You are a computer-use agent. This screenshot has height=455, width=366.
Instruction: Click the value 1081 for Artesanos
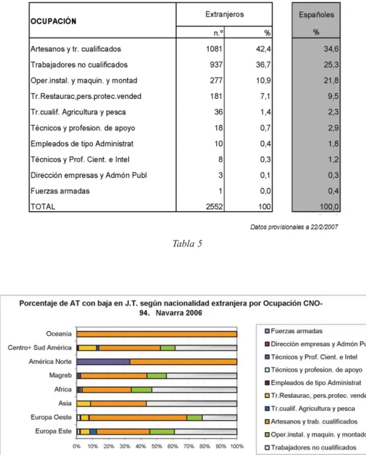coord(214,49)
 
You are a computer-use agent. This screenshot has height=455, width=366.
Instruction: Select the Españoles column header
coord(316,15)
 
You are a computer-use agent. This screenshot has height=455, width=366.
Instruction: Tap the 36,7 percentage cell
coord(263,65)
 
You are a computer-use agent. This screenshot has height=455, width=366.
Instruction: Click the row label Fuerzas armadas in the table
coord(60,191)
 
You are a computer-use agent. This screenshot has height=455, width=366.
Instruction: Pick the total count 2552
coord(214,207)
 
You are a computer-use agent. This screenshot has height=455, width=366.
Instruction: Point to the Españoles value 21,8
coord(331,81)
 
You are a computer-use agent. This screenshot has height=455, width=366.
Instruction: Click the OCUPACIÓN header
coord(53,21)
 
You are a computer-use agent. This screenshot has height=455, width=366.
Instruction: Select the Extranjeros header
coord(224,14)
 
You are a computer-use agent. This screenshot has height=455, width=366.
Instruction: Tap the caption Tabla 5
coord(187,244)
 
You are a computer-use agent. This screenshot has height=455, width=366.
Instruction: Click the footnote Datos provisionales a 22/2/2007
coord(294,227)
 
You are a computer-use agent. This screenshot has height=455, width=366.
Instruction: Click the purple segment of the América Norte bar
coord(104,362)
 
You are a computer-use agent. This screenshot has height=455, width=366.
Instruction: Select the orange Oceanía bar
coord(157,334)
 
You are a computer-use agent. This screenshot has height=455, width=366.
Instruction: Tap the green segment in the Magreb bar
coord(156,376)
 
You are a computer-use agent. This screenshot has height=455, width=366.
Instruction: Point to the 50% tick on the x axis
coord(156,446)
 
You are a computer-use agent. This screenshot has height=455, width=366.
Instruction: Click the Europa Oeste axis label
coord(51,418)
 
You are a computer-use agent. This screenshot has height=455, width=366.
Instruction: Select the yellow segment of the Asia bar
coord(84,404)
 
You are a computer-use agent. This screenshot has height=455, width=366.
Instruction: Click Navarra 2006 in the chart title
coord(179,313)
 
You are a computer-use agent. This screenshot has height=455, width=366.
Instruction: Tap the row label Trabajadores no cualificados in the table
coord(79,65)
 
